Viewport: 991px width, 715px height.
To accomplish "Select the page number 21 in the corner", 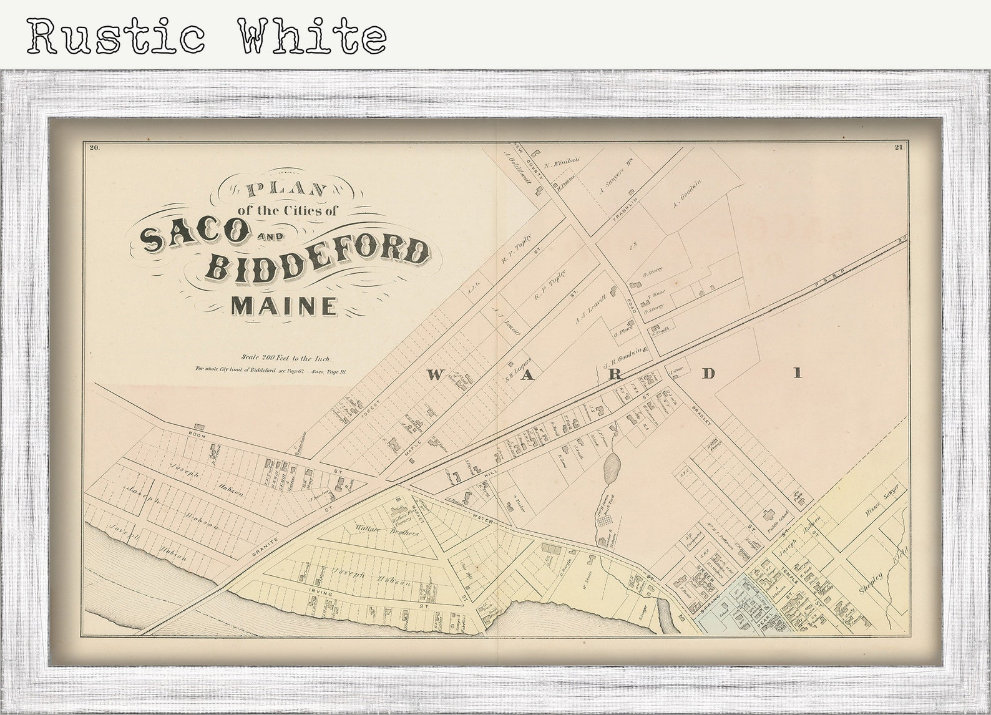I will tap(899, 148).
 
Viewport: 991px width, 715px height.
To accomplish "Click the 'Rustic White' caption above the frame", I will tap(206, 36).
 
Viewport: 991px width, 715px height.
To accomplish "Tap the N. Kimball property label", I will tap(562, 163).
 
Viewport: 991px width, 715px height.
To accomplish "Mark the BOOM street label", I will tap(195, 431).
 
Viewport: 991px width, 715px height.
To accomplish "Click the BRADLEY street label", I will tap(702, 416).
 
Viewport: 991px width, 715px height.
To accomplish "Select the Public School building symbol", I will tap(768, 515).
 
